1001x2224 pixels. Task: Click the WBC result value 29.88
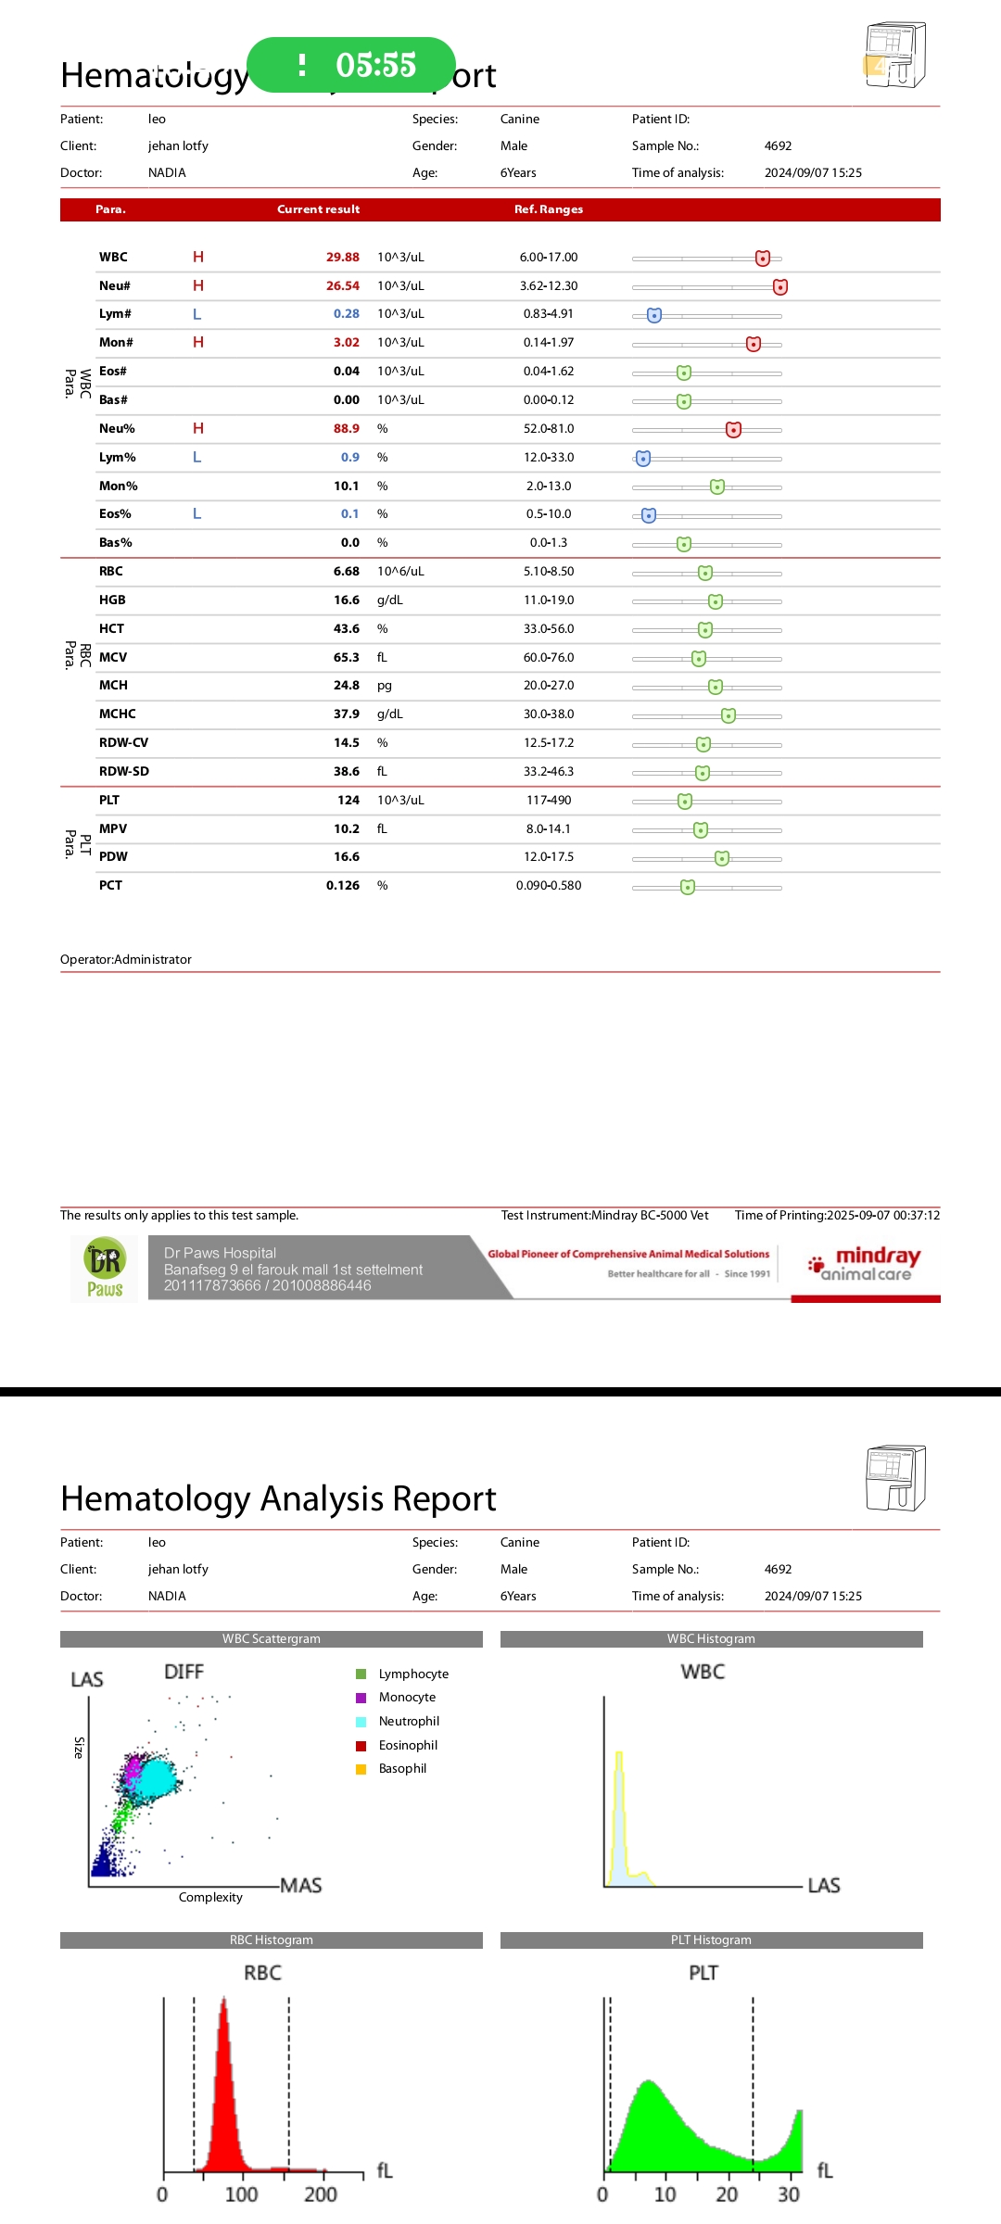(x=342, y=258)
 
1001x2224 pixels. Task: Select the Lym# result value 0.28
(x=346, y=314)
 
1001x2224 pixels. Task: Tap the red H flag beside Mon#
(x=198, y=343)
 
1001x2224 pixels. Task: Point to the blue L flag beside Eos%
(x=196, y=514)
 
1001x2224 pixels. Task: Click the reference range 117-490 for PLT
(x=549, y=801)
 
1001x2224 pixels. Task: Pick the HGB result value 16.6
(x=346, y=600)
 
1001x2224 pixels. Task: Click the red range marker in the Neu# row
(x=780, y=287)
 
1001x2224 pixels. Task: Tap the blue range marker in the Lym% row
(x=643, y=459)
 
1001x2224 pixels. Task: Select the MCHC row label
(x=118, y=714)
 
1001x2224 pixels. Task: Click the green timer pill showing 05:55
(x=352, y=65)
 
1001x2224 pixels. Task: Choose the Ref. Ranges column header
(x=549, y=209)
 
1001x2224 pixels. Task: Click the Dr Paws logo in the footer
(x=105, y=1269)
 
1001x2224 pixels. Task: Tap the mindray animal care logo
(x=866, y=1264)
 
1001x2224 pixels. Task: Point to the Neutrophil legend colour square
(x=361, y=1722)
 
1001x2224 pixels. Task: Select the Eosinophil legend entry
(x=408, y=1746)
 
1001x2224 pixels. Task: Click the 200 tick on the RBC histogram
(x=321, y=2194)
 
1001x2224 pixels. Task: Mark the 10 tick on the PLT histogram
(x=665, y=2194)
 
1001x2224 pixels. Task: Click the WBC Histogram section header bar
(x=711, y=1639)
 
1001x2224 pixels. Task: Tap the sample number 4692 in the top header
(x=778, y=146)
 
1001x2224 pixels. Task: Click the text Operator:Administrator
(x=126, y=960)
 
